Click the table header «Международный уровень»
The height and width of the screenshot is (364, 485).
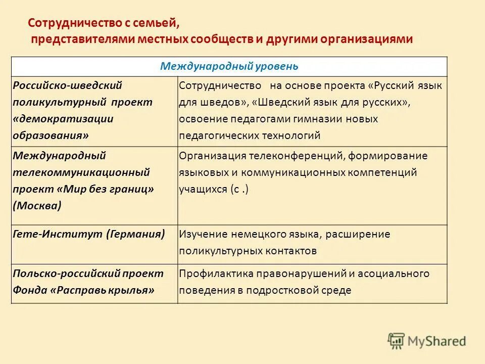(x=229, y=66)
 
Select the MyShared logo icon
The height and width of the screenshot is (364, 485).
(x=397, y=340)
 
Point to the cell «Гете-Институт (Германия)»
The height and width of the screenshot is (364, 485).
(x=89, y=235)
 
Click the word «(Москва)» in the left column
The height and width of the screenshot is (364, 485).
(x=38, y=205)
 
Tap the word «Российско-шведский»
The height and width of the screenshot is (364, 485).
(x=67, y=85)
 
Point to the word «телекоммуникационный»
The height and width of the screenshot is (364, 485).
(x=81, y=172)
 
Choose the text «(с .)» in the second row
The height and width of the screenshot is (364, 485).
(x=239, y=189)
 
